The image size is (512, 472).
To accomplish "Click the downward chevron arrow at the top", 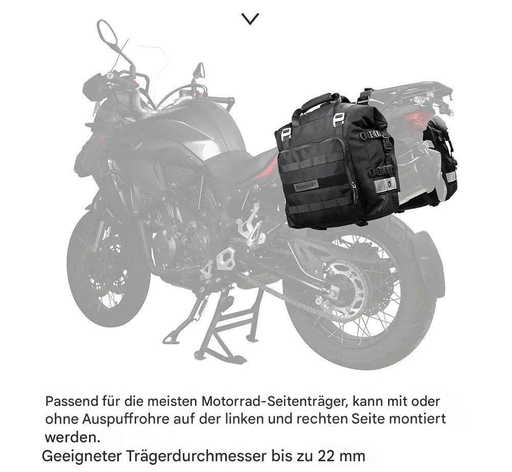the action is pyautogui.click(x=250, y=19).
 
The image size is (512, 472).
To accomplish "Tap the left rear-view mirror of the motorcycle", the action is pyautogui.click(x=107, y=32).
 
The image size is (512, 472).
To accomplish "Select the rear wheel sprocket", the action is pyautogui.click(x=346, y=288).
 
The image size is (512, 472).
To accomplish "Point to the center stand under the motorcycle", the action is pyautogui.click(x=225, y=327).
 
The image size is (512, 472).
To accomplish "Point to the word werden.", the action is pyautogui.click(x=72, y=437).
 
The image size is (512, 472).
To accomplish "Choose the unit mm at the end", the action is pyautogui.click(x=352, y=457).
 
